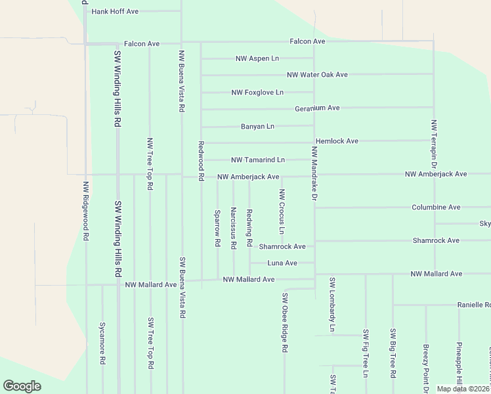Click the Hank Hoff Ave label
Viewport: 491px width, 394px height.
point(115,12)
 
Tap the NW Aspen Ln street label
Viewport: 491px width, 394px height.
point(257,58)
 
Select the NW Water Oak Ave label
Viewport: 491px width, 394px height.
point(317,75)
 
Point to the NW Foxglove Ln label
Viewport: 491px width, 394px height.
point(257,93)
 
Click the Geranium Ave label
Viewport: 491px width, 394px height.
point(317,108)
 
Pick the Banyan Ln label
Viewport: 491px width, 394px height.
point(257,126)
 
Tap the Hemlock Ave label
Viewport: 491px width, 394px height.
point(337,141)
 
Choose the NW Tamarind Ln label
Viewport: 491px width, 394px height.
point(258,160)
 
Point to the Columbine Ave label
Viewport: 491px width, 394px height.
point(436,208)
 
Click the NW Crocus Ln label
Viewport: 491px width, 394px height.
point(282,211)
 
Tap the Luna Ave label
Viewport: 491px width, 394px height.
point(282,263)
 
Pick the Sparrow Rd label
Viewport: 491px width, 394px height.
point(217,228)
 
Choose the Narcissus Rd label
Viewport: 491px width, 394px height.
point(234,228)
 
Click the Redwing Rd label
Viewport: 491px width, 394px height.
point(249,228)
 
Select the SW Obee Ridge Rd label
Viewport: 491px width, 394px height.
point(285,323)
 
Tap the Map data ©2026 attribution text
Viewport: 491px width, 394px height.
point(463,389)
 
